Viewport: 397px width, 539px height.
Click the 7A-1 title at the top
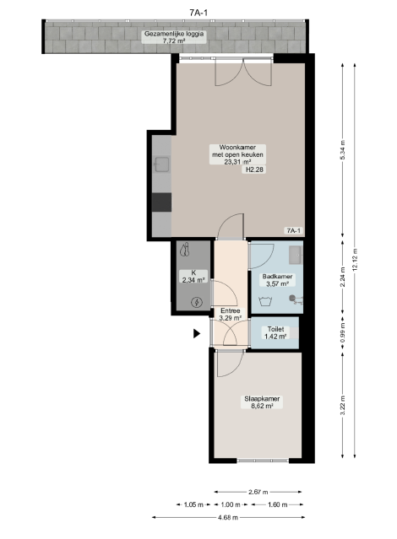(x=198, y=13)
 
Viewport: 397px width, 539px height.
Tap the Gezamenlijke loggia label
(x=174, y=37)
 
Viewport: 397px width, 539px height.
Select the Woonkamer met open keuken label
(x=237, y=154)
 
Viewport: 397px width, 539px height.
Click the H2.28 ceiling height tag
(x=255, y=170)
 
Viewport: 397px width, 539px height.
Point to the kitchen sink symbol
(x=161, y=164)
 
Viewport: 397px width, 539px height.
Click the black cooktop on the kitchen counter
(x=161, y=202)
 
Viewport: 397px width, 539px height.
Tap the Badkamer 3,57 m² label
(x=277, y=280)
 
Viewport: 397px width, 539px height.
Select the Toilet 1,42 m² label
(x=275, y=332)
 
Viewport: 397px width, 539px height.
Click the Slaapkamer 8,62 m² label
(x=262, y=402)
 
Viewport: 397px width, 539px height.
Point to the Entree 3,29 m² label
(x=231, y=315)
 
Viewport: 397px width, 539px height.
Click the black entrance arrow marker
(x=197, y=333)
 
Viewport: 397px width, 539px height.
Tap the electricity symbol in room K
(x=197, y=302)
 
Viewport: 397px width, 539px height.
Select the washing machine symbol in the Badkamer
(x=265, y=301)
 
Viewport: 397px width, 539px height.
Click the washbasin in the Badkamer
(x=296, y=255)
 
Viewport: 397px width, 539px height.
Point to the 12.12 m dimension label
(x=355, y=260)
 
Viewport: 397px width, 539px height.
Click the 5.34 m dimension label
(x=342, y=151)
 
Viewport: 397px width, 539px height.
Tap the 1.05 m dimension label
(x=193, y=504)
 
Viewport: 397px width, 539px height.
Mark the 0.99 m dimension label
(x=342, y=332)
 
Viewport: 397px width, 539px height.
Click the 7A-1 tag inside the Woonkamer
(x=294, y=230)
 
